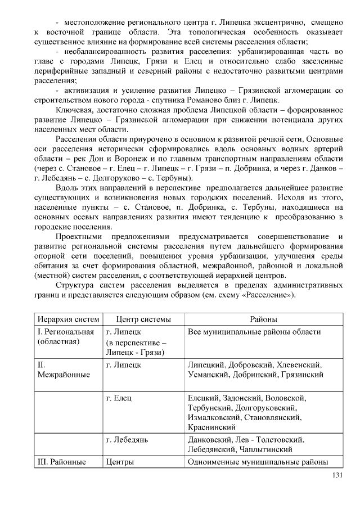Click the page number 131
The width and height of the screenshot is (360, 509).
(337, 475)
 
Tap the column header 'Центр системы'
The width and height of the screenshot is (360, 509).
(143, 319)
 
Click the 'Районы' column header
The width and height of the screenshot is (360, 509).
(263, 319)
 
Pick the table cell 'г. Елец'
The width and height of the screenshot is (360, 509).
(119, 398)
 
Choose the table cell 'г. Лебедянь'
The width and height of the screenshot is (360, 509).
(127, 439)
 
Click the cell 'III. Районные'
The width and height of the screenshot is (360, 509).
(61, 462)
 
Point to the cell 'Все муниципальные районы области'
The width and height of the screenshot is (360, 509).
(254, 332)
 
